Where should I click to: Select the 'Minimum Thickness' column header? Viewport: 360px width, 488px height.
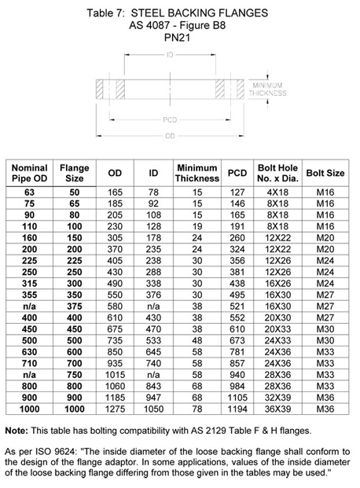click(197, 173)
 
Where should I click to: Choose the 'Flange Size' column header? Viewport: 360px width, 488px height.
click(75, 173)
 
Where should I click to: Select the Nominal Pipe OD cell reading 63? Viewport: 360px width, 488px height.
click(30, 191)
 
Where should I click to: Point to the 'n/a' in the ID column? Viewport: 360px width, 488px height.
click(153, 306)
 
